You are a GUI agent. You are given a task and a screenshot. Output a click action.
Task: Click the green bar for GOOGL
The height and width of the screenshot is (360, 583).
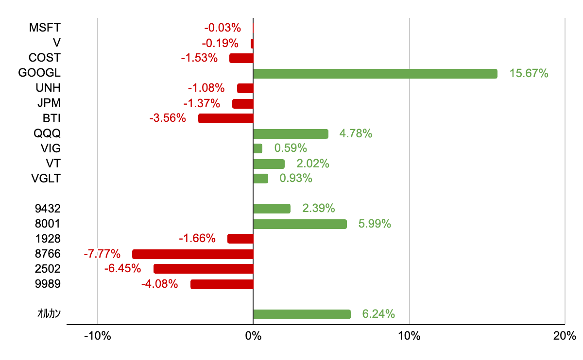[x=375, y=74]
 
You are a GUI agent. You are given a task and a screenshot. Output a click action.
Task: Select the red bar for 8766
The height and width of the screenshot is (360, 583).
[x=193, y=254]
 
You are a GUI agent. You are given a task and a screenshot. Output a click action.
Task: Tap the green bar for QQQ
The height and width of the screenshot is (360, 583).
[x=291, y=134]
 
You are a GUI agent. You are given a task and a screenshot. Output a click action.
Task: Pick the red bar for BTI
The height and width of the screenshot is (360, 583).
[x=226, y=118]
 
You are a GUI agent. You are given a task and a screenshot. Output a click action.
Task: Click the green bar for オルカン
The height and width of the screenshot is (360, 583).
[x=302, y=314]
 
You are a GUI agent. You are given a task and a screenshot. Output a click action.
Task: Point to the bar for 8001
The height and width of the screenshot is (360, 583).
[x=300, y=224]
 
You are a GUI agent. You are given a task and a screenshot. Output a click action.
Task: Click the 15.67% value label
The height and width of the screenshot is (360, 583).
[x=529, y=74]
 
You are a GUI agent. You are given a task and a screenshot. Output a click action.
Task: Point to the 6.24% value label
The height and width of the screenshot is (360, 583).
[x=378, y=314]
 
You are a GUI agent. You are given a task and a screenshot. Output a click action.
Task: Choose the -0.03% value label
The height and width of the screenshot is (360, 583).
[x=222, y=28]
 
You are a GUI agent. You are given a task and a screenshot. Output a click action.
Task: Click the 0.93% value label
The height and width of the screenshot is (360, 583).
[x=295, y=179]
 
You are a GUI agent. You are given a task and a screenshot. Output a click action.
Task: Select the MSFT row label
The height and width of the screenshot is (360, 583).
[x=45, y=28]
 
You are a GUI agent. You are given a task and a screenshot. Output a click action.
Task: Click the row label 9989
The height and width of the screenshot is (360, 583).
[x=48, y=284]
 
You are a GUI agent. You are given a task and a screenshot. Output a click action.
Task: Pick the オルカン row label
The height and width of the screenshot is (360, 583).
[x=49, y=314]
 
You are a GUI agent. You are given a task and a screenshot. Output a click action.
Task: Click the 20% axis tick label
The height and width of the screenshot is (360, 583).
[x=565, y=336]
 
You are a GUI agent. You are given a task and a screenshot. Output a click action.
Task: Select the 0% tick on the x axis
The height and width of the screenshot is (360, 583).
[x=253, y=336]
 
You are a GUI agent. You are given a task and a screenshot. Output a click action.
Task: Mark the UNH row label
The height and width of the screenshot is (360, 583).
[x=48, y=88]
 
